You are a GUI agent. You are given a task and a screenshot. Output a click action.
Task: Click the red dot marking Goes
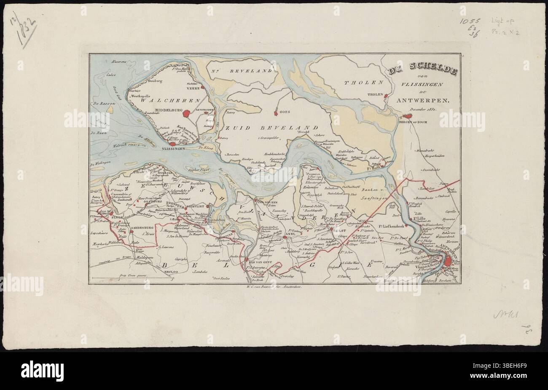[275, 113]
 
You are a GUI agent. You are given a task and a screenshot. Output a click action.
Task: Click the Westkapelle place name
[142, 96]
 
